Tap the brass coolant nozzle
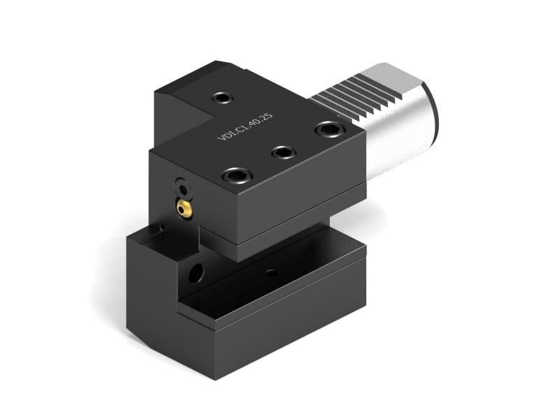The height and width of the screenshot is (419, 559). (x=183, y=207)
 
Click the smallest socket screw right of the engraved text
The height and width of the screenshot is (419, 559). (x=284, y=152)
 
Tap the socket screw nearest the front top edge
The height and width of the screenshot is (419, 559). (x=233, y=175)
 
